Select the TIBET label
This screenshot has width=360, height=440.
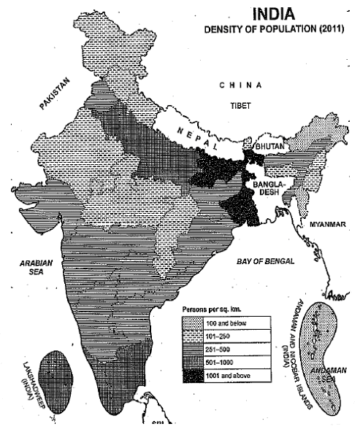(x=241, y=105)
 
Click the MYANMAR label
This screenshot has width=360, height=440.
(x=326, y=224)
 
